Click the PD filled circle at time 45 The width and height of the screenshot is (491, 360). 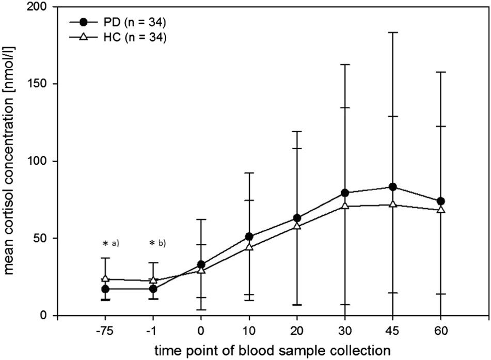393,187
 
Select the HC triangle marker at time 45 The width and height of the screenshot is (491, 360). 393,204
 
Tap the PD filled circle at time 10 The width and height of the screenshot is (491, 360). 249,237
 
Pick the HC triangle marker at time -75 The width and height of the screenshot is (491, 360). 105,278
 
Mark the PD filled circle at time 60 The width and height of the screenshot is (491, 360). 441,201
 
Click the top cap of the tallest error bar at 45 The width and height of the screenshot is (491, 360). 393,33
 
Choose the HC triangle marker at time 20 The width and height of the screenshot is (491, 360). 297,226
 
